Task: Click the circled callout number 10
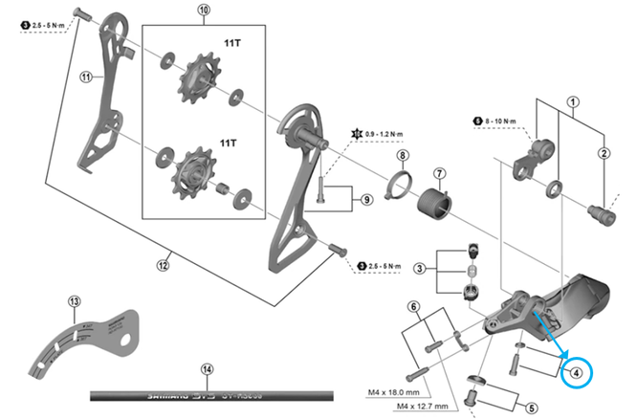(203, 11)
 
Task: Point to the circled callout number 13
(76, 302)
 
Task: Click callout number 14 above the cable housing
(207, 368)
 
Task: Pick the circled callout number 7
(439, 173)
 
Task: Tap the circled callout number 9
(366, 200)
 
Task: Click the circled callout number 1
(573, 100)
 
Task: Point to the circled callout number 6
(413, 306)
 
